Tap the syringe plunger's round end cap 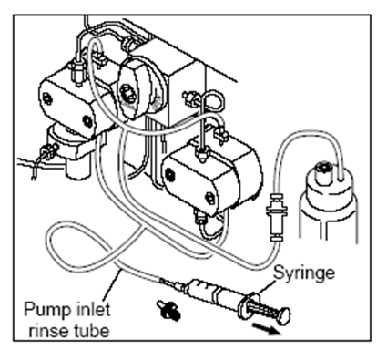[285, 315]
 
